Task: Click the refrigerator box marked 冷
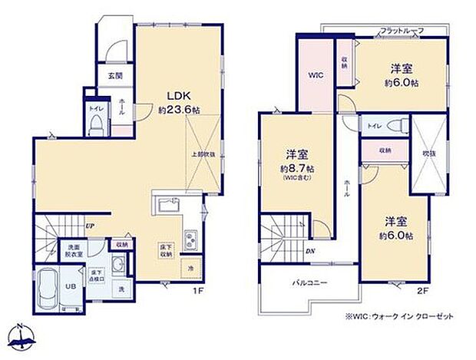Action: tap(191, 267)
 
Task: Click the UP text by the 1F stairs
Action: tap(90, 226)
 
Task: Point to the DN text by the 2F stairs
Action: tap(309, 249)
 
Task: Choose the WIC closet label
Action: tap(315, 76)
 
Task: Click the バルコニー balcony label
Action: tap(310, 282)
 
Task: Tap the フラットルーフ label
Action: tap(402, 30)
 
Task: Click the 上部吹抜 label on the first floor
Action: tap(201, 154)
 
